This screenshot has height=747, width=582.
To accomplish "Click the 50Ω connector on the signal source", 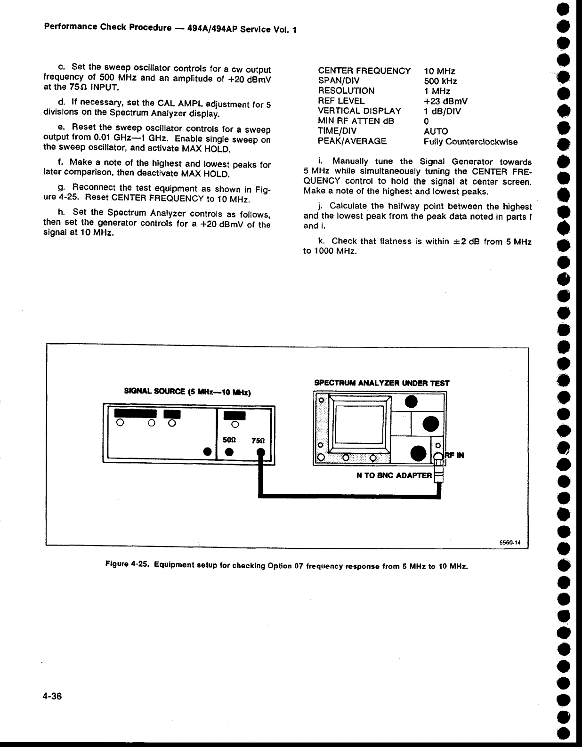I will coord(230,452).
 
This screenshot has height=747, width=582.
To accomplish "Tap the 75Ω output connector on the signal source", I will coord(259,453).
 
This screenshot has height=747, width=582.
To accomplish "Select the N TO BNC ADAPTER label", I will coord(395,475).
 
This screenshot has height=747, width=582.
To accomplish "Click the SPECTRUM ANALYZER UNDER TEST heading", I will coord(381,383).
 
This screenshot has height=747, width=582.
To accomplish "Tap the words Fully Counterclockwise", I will coord(470,142).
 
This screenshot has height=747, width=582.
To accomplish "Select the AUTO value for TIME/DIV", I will coord(436,131).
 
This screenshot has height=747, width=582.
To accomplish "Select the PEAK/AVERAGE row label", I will coord(352,141).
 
